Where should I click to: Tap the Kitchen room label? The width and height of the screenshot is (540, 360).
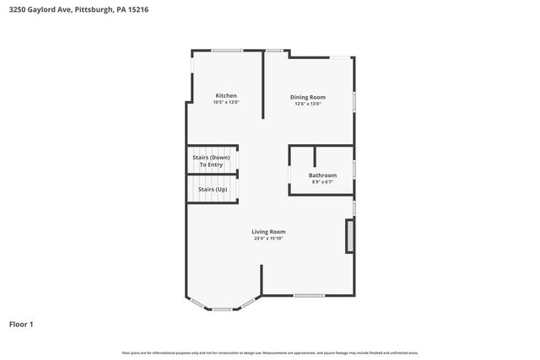coord(226,95)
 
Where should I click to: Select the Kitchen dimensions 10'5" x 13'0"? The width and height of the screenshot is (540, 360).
coord(226,102)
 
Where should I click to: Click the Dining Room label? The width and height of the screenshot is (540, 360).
coord(308,97)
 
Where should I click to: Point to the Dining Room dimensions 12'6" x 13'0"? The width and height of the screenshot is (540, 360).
coord(308,104)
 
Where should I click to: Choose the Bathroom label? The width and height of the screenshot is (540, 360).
coord(322,175)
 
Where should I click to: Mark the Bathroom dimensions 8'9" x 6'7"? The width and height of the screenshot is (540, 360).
coord(322,181)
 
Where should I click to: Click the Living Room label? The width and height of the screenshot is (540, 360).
coord(268,232)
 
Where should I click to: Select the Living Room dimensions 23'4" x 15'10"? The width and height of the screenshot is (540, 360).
coord(268,239)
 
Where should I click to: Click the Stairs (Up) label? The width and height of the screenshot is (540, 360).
coord(213,190)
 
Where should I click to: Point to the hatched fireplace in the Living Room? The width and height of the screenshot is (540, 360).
coord(348,237)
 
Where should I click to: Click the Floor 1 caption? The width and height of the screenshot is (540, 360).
coord(21,324)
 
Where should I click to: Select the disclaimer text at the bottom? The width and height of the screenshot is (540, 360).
coord(270,352)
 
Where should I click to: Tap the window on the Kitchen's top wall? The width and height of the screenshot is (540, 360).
coord(227,51)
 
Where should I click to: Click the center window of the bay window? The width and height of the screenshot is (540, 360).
coord(222,309)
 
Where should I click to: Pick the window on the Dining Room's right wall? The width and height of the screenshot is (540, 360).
coord(354,99)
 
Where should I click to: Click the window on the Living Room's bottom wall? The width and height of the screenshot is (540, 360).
coord(309,295)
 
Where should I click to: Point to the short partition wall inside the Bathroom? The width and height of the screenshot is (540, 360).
coord(315,155)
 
